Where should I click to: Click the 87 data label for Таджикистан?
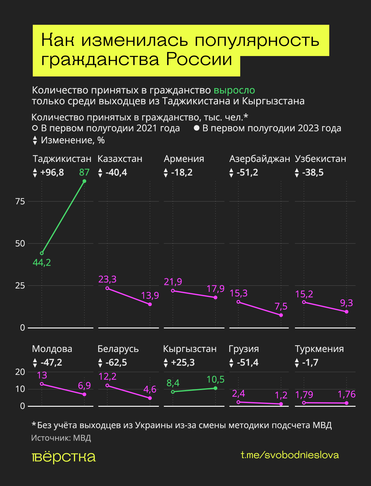point(84,172)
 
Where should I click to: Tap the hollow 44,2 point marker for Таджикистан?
point(42,253)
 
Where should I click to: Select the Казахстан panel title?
point(120,159)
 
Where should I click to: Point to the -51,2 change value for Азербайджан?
point(247,172)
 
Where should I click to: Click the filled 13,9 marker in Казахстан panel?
point(150,304)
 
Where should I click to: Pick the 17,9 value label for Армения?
point(215,289)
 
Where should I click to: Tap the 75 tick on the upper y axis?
point(20,202)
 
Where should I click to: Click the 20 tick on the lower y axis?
point(20,372)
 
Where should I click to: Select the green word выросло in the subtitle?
point(234,90)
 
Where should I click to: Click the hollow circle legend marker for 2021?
point(35,128)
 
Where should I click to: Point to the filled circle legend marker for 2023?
point(196,128)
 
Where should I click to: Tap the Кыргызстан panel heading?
point(190,349)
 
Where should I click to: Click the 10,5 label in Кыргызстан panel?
point(215,380)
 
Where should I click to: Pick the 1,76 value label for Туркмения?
point(346,394)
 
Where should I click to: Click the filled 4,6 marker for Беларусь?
point(150,398)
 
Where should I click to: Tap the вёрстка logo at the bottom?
point(64,457)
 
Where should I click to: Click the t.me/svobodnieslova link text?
point(290,455)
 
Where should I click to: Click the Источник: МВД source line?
point(61,438)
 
